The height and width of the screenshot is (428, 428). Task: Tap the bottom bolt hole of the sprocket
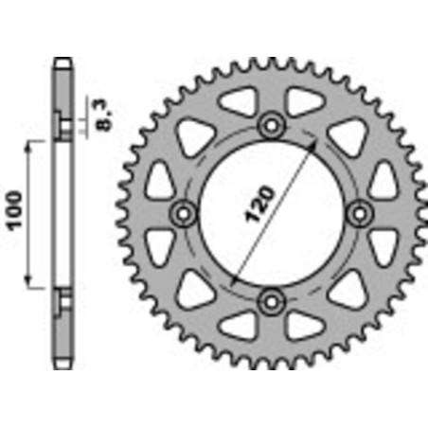[273, 301]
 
